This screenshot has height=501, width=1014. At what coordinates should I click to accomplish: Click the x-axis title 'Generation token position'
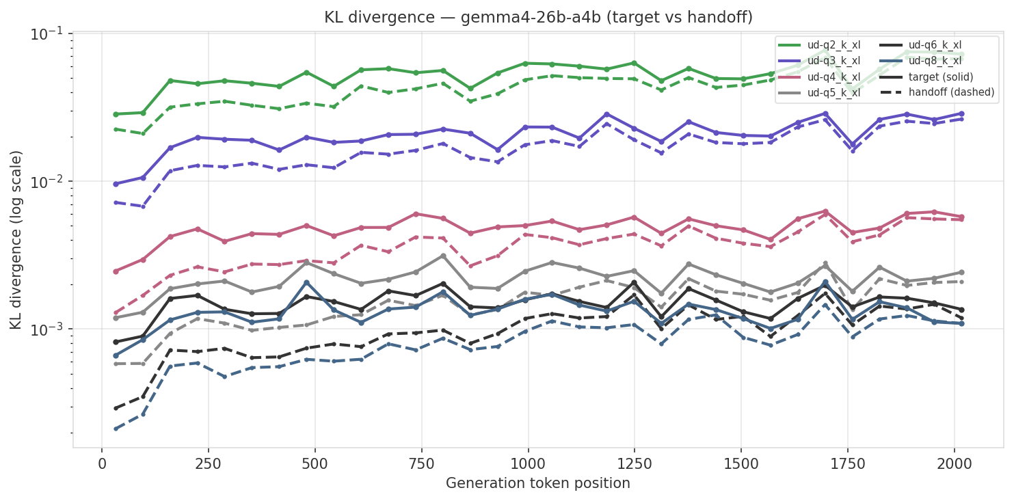point(538,484)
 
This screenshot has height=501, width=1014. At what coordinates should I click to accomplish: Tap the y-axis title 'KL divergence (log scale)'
point(16,239)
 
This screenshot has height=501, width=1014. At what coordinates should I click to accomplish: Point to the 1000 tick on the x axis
point(529,463)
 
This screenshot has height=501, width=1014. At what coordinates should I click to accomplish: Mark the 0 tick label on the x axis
point(102,463)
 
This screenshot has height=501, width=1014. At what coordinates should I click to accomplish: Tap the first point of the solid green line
point(116,114)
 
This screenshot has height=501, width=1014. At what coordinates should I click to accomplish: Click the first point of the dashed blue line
point(116,429)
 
